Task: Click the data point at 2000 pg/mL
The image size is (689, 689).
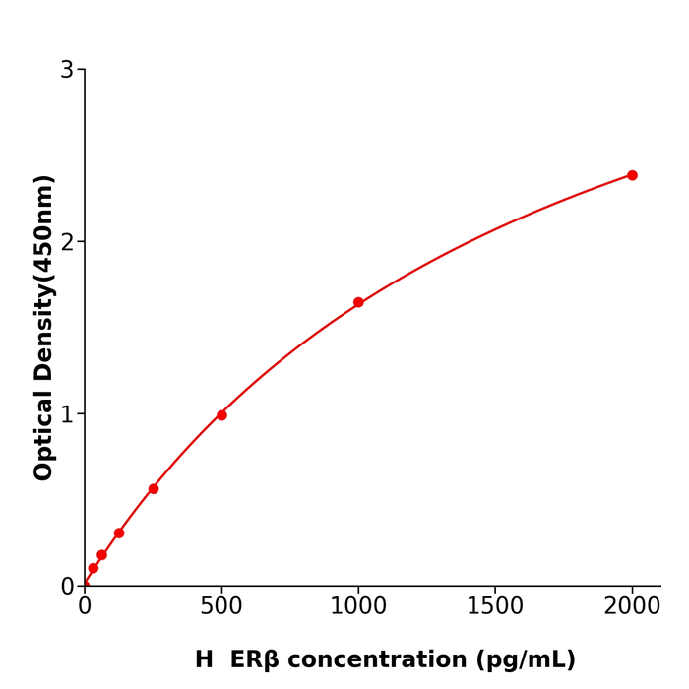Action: click(632, 175)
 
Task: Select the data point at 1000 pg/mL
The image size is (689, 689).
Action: click(358, 302)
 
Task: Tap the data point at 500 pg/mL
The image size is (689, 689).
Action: click(221, 415)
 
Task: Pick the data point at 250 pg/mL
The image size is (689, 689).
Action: click(154, 489)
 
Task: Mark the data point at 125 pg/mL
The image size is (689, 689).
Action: click(119, 533)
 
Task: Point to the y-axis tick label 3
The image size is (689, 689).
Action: click(67, 70)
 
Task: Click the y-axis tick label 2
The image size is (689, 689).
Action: click(67, 242)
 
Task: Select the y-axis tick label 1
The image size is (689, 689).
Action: click(67, 414)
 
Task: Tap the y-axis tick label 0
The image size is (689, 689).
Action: click(67, 587)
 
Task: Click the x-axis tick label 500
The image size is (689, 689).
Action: click(221, 607)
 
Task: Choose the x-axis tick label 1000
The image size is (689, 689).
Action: click(358, 607)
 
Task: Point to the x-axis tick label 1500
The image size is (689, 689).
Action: click(495, 607)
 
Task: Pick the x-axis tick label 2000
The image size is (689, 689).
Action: click(632, 607)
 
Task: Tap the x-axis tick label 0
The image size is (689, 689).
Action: click(85, 607)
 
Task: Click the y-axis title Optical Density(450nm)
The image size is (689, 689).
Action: click(43, 328)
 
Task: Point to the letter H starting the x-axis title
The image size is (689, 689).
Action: click(204, 660)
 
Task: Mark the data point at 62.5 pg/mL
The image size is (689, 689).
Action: click(101, 555)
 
